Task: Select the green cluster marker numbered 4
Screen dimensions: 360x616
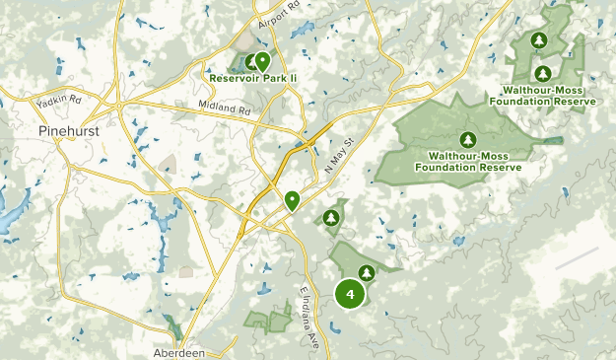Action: coord(350,294)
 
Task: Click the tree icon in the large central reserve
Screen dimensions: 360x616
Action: coord(468,139)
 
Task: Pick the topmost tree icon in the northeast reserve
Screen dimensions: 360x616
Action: coord(538,40)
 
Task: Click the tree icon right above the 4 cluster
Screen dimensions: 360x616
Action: coord(367,271)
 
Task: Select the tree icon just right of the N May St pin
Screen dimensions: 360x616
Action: coord(332,217)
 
